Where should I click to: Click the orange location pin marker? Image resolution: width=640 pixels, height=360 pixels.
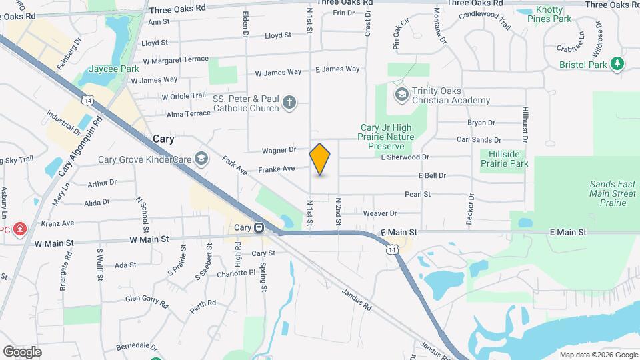click(320, 159)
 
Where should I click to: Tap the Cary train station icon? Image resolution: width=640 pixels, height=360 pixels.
click(259, 227)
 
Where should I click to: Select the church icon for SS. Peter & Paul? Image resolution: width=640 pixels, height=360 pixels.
click(289, 102)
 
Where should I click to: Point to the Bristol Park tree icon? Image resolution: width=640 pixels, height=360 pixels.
click(619, 64)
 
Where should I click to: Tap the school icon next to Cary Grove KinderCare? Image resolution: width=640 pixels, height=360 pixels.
click(201, 159)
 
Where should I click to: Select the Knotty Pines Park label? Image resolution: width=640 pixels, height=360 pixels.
click(554, 15)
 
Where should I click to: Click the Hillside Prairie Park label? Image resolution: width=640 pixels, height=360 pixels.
click(504, 159)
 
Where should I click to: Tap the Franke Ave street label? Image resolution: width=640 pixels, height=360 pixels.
click(277, 169)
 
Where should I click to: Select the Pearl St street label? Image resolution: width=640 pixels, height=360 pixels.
click(418, 194)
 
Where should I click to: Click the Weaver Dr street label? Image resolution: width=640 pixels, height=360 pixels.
click(380, 213)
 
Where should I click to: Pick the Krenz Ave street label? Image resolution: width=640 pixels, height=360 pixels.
click(57, 223)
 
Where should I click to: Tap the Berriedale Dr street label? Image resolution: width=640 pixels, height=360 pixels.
click(139, 347)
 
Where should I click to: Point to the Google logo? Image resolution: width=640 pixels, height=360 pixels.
click(22, 351)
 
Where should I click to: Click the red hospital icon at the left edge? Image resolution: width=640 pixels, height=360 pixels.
click(19, 229)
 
